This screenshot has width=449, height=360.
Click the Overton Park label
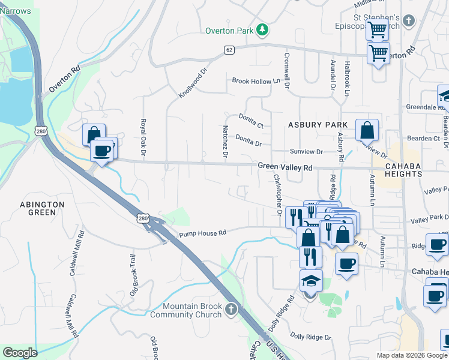230,30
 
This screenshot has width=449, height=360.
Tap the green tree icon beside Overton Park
262,29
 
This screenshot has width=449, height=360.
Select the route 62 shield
229,50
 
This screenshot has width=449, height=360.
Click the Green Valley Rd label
285,167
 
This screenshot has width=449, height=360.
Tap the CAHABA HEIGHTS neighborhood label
396,170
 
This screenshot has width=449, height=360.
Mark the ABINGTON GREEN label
42,208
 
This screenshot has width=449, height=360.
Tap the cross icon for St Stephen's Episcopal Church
408,22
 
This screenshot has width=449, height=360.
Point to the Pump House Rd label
202,233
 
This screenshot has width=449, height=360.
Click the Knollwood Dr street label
193,83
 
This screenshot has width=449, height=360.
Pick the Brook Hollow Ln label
256,81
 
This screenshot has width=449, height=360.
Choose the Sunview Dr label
306,152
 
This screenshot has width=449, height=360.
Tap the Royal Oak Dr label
143,135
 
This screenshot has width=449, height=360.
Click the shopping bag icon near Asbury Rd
367,129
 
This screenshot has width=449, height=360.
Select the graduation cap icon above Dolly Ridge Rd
311,280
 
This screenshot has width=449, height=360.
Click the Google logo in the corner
20,353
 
